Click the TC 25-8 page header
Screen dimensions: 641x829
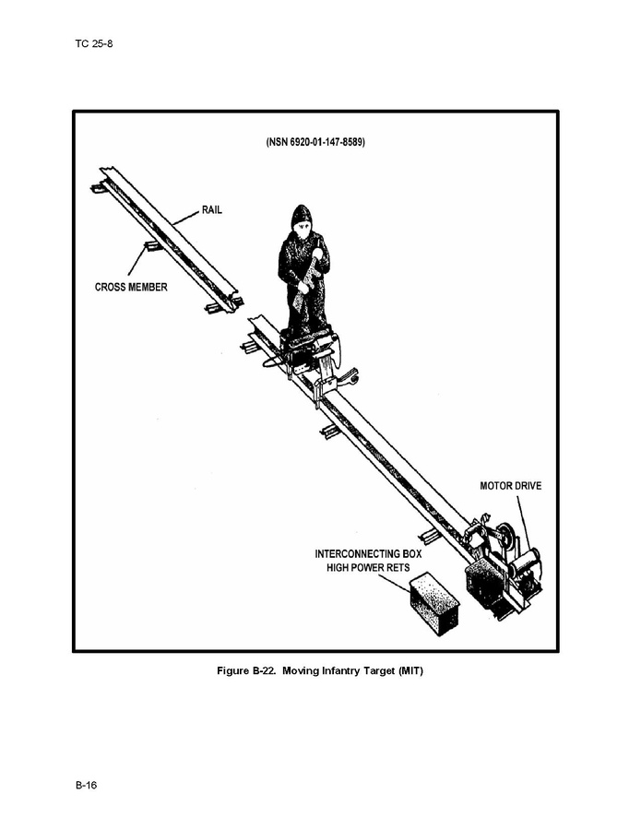[x=93, y=43]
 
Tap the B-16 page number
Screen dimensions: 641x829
[x=86, y=785]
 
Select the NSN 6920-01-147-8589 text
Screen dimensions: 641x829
[x=315, y=142]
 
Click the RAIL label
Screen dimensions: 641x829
[x=211, y=210]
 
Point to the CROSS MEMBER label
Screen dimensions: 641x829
[x=131, y=287]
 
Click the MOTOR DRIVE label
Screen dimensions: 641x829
[x=511, y=485]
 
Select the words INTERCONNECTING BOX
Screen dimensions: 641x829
[x=368, y=554]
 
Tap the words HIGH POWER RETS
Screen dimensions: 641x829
[x=368, y=568]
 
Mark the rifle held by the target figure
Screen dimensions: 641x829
[x=309, y=275]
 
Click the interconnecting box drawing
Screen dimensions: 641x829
[x=434, y=604]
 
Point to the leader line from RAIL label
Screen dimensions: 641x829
[x=187, y=218]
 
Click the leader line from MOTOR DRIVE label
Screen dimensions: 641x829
[x=523, y=523]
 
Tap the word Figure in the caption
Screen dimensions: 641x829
[x=232, y=671]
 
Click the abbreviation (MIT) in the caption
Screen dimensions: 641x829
[x=411, y=671]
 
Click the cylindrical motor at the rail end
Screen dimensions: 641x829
[x=524, y=562]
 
